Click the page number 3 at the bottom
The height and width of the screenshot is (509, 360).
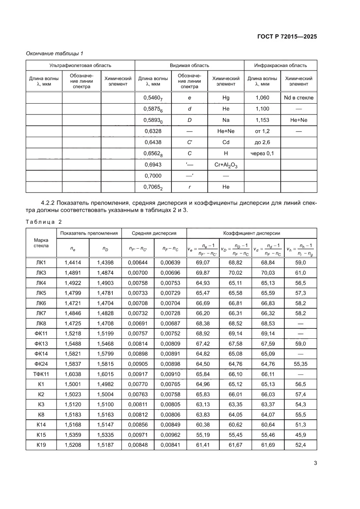(x=315, y=463)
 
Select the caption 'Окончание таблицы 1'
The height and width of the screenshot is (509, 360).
(x=54, y=53)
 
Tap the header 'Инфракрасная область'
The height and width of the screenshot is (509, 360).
(x=280, y=65)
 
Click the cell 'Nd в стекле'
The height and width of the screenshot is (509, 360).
(x=299, y=98)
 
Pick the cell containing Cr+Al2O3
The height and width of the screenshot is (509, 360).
(x=226, y=165)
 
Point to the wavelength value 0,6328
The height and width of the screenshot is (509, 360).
(x=153, y=131)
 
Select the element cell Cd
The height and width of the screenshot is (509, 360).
(x=226, y=142)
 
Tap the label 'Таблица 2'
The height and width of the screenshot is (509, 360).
(x=44, y=222)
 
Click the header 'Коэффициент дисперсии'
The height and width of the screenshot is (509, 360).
(x=252, y=233)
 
